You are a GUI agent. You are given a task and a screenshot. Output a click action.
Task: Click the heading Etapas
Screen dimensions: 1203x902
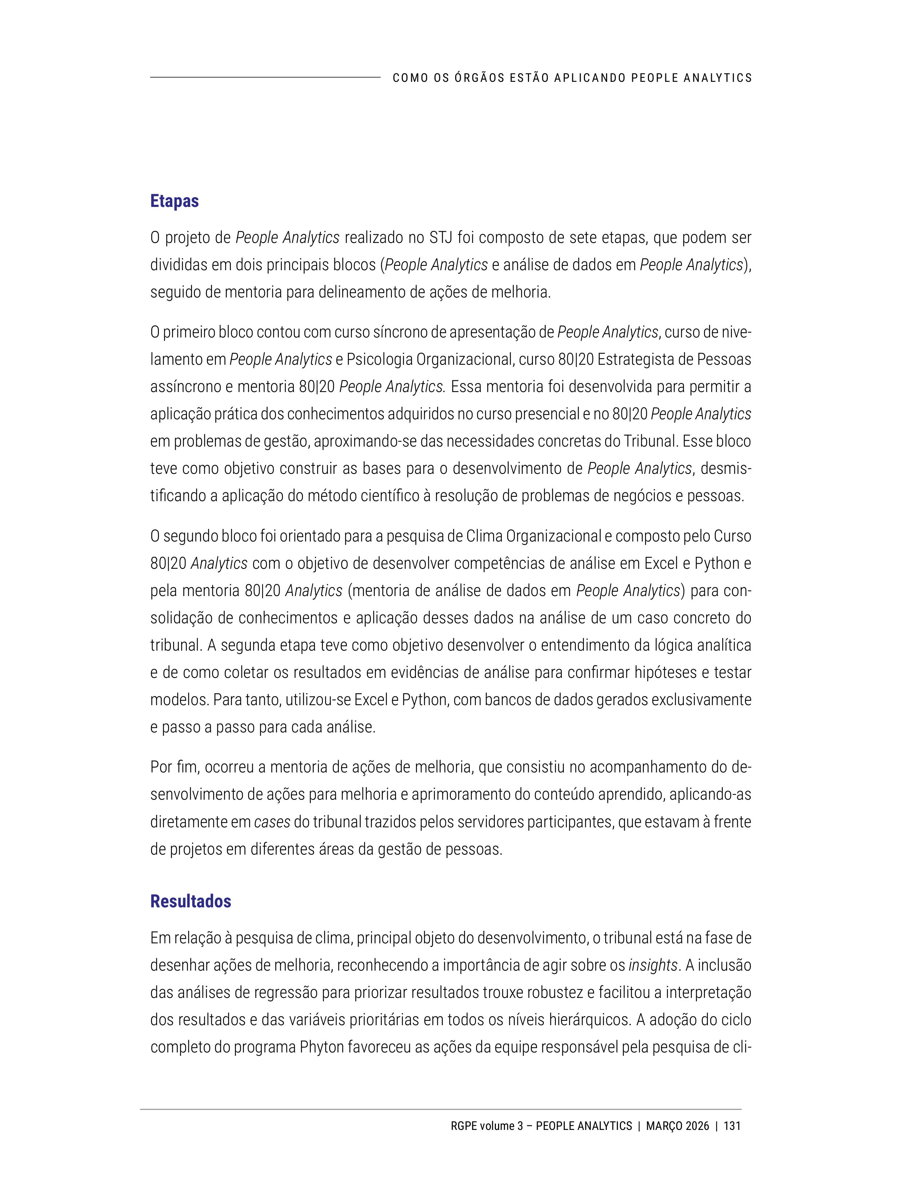pos(174,201)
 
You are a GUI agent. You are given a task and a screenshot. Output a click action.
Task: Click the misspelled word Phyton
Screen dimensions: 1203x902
pos(322,1047)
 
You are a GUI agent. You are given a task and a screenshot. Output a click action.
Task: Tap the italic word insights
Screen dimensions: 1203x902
pos(653,965)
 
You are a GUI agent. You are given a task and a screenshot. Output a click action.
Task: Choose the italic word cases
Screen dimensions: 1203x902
pos(272,822)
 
